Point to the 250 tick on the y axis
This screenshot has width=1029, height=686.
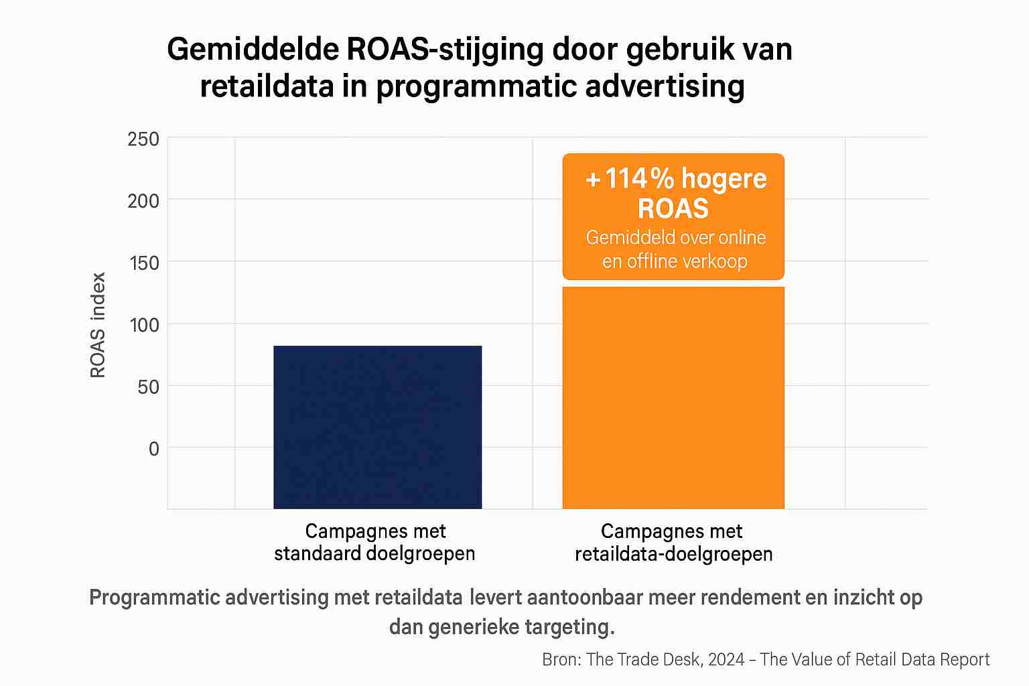[143, 139]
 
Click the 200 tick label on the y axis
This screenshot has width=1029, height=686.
[143, 200]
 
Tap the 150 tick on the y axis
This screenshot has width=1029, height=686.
[143, 263]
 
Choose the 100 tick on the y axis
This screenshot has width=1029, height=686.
[143, 325]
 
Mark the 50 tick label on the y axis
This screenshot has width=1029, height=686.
[148, 387]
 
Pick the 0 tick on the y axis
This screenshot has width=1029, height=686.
[154, 448]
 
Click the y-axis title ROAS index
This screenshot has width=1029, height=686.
[98, 325]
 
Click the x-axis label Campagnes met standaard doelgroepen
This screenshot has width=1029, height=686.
[375, 543]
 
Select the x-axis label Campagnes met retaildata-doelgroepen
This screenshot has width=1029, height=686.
[673, 543]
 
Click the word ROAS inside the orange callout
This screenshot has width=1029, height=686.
[673, 209]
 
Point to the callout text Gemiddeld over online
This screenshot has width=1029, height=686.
[675, 238]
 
